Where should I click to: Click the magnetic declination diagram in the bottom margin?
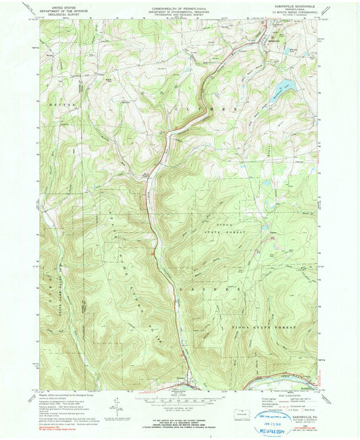(x=119, y=408)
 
